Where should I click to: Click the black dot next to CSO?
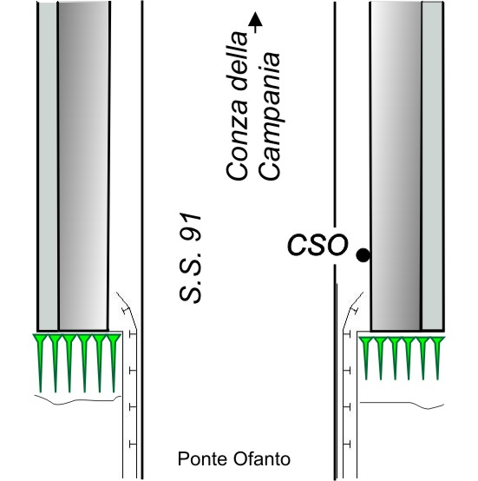click(363, 255)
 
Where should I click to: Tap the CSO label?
click(318, 245)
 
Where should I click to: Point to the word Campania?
click(269, 116)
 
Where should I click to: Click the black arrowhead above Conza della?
click(255, 19)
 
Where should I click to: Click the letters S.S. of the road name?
click(190, 277)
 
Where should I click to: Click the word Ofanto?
click(262, 459)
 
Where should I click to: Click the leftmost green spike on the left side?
click(41, 363)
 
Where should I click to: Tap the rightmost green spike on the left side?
click(114, 363)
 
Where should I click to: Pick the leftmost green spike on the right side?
click(366, 359)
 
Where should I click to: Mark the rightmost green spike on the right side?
click(437, 359)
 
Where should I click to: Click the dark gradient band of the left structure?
click(83, 166)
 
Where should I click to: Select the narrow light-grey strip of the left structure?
click(48, 166)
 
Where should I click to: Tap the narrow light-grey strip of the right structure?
click(432, 166)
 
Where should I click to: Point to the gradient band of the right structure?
click(396, 166)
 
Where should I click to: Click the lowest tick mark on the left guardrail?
click(133, 444)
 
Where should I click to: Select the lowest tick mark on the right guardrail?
click(347, 444)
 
